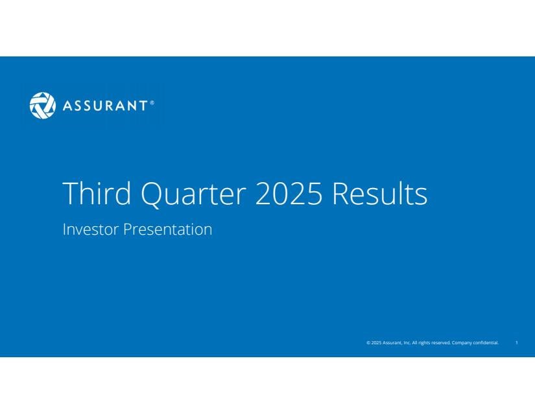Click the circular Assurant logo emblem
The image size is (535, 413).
coord(43,106)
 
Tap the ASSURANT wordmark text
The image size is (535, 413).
coord(106,106)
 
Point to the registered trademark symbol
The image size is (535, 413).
coord(152,102)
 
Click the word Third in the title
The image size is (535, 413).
coord(97,193)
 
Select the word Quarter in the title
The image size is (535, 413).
coord(193,195)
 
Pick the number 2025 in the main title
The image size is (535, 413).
coord(289,193)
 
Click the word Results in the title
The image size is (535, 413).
coord(380,193)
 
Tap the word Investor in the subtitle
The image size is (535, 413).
coord(90,229)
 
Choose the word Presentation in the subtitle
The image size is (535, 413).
coord(167,230)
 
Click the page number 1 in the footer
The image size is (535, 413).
coord(517,342)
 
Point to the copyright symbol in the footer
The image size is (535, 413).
coord(368,343)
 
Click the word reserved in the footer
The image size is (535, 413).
coord(441,343)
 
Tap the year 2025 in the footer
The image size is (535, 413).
coord(376,343)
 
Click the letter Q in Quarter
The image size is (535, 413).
coord(151,195)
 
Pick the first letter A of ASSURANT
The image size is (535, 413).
coord(67,106)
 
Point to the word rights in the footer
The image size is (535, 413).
coord(424,343)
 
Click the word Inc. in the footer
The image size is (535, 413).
coord(407,343)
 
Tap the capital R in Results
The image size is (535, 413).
coord(340,193)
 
